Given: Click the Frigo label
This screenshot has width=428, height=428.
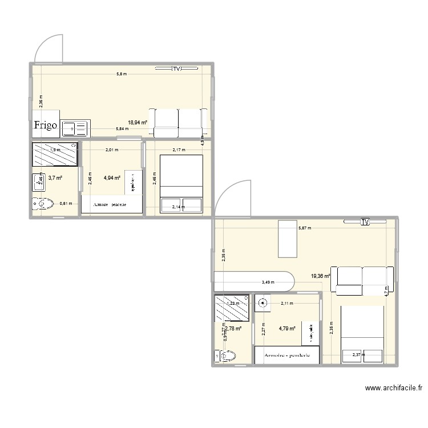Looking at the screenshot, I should tap(45, 126).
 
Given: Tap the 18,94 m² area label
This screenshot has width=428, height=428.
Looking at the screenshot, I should tap(138, 122).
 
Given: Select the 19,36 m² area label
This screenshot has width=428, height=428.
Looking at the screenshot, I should tap(320, 276).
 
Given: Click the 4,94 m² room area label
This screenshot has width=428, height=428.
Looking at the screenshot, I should tap(112, 178).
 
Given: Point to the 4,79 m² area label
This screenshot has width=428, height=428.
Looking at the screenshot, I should tap(288, 328).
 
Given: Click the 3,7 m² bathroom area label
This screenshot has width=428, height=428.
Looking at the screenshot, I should tap(55, 178).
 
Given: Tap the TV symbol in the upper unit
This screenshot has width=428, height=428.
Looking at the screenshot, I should tap(177, 68).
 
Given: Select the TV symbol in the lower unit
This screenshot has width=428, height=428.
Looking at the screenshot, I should tap(365, 221).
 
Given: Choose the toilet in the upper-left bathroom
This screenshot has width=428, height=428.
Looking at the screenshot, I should tap(43, 203).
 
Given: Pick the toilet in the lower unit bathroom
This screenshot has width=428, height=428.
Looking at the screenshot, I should tap(225, 356).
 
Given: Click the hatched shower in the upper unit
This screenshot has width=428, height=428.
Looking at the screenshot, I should tap(55, 153).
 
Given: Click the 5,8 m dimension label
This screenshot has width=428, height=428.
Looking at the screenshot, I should tap(122, 74).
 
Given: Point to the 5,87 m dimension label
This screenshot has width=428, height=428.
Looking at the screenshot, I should tap(305, 229).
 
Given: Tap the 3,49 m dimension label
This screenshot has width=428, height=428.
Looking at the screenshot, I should tap(268, 282).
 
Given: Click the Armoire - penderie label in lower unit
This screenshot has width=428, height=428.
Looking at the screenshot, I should tap(287, 355).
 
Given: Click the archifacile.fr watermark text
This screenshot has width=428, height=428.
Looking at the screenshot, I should tap(394, 388).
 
